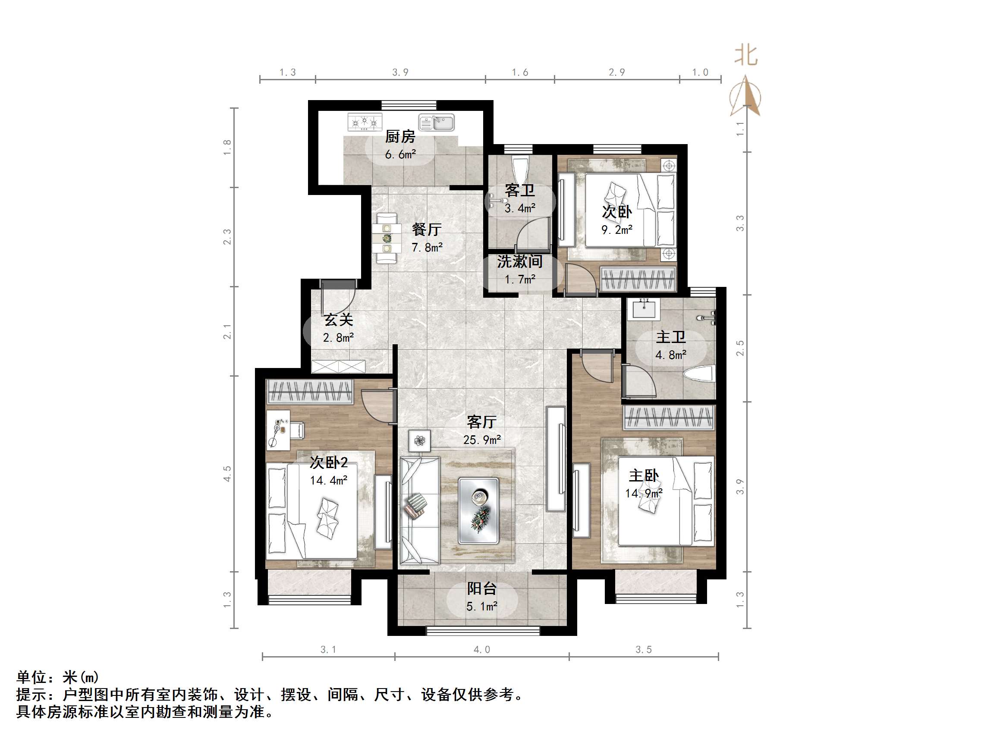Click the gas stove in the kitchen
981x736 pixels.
pyautogui.click(x=365, y=122)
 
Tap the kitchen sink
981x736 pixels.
pyautogui.click(x=437, y=123)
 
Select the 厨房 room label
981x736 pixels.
pyautogui.click(x=400, y=137)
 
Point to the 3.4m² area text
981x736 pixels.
pyautogui.click(x=520, y=208)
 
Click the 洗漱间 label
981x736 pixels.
pyautogui.click(x=520, y=262)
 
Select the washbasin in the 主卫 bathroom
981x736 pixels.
pyautogui.click(x=644, y=309)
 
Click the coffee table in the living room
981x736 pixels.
pyautogui.click(x=478, y=511)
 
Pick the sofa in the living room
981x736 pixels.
pyautogui.click(x=419, y=511)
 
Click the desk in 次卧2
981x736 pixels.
pyautogui.click(x=278, y=429)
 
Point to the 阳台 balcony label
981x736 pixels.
pyautogui.click(x=481, y=589)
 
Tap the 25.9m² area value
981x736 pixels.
pyautogui.click(x=481, y=440)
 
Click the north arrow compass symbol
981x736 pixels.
pyautogui.click(x=746, y=96)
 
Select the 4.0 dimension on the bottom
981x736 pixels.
pyautogui.click(x=481, y=649)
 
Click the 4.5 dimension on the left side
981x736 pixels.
pyautogui.click(x=227, y=474)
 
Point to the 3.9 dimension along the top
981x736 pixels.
pyautogui.click(x=400, y=72)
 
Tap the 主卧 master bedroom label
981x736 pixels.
pyautogui.click(x=644, y=475)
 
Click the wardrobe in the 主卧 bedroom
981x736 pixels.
pyautogui.click(x=668, y=418)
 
